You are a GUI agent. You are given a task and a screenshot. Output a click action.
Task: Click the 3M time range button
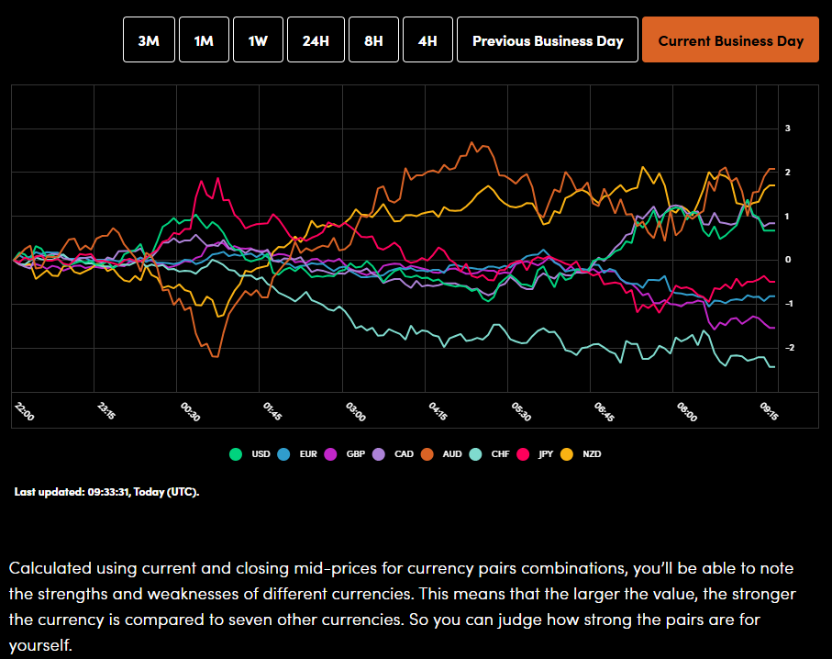pyautogui.click(x=149, y=40)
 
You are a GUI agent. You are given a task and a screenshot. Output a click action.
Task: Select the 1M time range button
pyautogui.click(x=204, y=40)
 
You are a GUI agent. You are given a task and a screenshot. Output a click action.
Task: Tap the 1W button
pyautogui.click(x=258, y=40)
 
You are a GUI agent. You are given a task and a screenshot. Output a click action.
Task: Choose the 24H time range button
pyautogui.click(x=315, y=40)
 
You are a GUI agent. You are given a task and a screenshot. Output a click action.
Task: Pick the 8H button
pyautogui.click(x=373, y=40)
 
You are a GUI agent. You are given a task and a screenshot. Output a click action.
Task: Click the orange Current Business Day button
pyautogui.click(x=730, y=40)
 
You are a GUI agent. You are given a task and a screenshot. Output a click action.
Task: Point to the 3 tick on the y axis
pyautogui.click(x=787, y=128)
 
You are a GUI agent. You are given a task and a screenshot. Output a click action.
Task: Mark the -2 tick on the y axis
pyautogui.click(x=787, y=348)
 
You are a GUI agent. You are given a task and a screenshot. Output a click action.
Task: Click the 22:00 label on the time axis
pyautogui.click(x=24, y=412)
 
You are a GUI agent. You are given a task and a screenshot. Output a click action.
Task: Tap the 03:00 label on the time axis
pyautogui.click(x=355, y=412)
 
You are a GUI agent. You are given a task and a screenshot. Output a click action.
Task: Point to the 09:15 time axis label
pyautogui.click(x=769, y=408)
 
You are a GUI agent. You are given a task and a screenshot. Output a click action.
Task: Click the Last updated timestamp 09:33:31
pyautogui.click(x=106, y=492)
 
